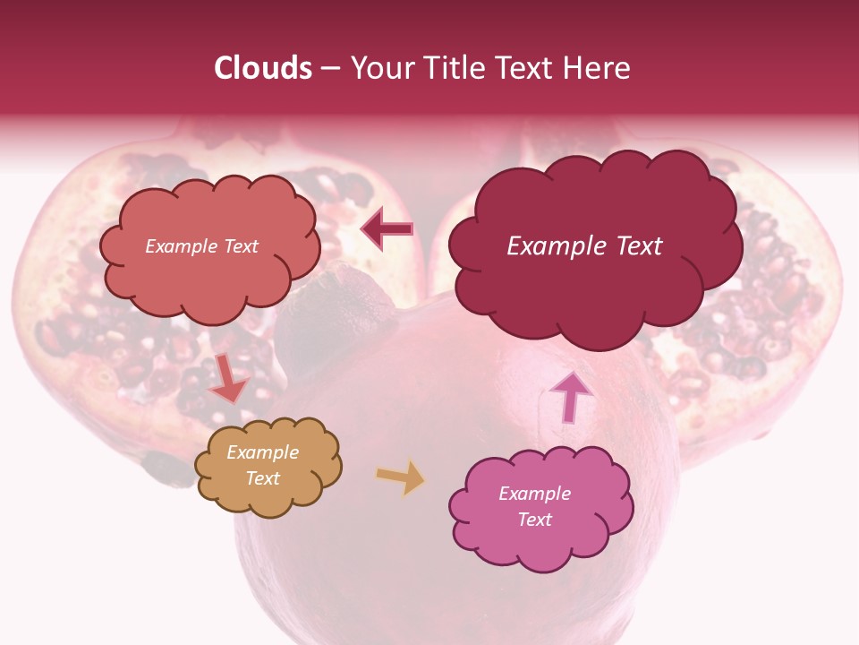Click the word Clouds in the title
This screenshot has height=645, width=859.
coord(263,68)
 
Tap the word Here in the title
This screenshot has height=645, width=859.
coord(597,68)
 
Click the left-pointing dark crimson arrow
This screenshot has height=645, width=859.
coord(387,229)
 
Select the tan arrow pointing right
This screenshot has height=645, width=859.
coord(400,477)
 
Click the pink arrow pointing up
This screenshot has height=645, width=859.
coord(570,396)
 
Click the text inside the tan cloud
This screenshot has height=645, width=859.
coord(263,465)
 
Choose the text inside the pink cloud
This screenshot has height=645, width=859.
coord(534,506)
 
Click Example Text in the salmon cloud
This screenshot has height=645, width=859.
coord(201,246)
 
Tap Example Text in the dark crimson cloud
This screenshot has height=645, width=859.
coord(584,246)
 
